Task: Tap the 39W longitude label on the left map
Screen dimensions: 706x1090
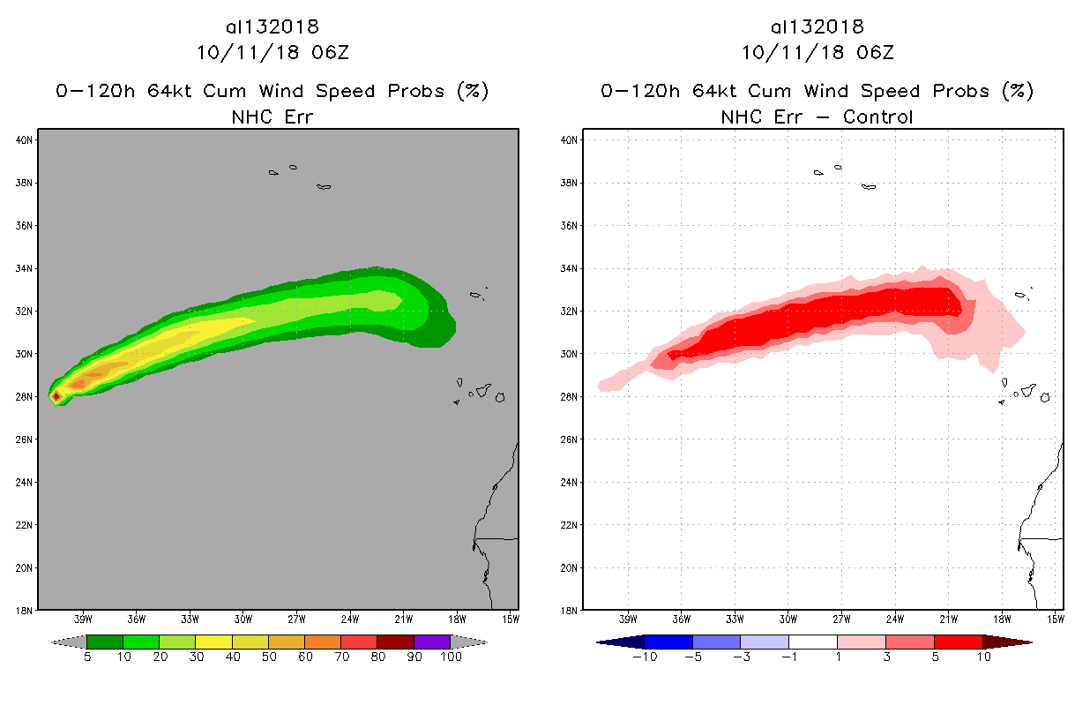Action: (x=84, y=618)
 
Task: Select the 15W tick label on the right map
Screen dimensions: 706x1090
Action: (x=1056, y=618)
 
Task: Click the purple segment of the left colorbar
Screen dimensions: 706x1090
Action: (x=432, y=642)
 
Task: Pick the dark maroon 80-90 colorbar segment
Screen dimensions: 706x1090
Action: (x=395, y=642)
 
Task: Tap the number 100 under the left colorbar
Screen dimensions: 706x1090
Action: (x=451, y=657)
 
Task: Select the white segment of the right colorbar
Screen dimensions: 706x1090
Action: (x=812, y=642)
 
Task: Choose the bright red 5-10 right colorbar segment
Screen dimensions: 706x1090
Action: (x=958, y=642)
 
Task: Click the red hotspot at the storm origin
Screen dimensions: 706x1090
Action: (x=56, y=396)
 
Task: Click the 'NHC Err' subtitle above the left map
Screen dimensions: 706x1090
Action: (x=272, y=116)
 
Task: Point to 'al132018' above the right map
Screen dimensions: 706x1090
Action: (x=817, y=26)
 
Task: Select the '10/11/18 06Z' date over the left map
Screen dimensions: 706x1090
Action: (x=272, y=52)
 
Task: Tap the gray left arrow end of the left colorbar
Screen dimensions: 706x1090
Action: (x=68, y=642)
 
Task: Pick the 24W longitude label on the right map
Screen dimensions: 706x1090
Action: (x=894, y=618)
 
